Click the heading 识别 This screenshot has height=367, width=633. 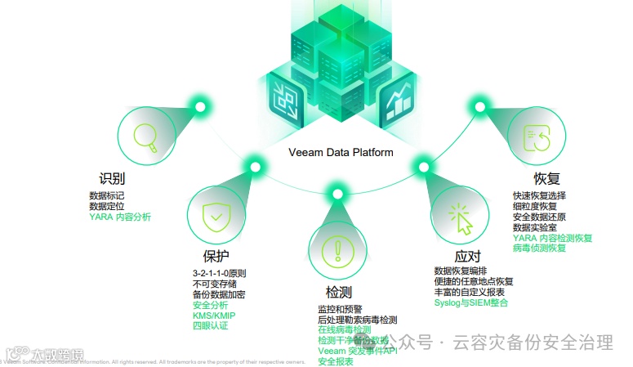(112, 178)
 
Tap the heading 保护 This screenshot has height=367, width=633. (216, 256)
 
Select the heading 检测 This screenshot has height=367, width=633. (338, 292)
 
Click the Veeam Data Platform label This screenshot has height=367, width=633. (341, 152)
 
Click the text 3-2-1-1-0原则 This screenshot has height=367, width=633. (220, 273)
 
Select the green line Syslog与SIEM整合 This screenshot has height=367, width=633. (470, 302)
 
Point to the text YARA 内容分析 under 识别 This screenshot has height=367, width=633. (120, 217)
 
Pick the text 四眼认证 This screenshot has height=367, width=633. (210, 325)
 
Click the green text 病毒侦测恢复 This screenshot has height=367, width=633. (539, 248)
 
